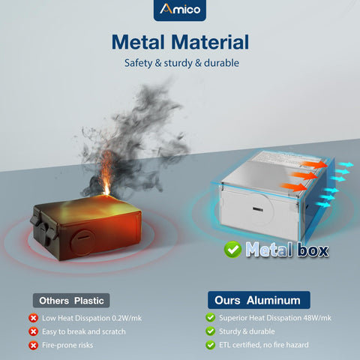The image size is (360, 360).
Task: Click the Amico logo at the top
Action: coord(180,10)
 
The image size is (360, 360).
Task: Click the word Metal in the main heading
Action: coord(138,42)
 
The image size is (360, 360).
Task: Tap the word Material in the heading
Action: coord(210,42)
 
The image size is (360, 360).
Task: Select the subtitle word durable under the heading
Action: coord(221,63)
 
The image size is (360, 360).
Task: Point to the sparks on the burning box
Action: coord(106,172)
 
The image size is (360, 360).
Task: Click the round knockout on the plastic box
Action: coord(82,242)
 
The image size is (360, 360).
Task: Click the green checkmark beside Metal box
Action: coord(232,250)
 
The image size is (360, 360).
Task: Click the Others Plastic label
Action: coord(71,301)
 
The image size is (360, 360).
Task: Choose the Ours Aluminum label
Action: coord(259,300)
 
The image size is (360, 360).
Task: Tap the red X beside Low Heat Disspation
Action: coord(33,318)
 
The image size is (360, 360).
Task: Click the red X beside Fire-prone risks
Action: coord(33,346)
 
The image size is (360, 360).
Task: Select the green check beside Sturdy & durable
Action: coord(210,331)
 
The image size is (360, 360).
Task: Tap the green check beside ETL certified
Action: coord(210,345)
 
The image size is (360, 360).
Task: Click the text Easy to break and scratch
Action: coord(84,331)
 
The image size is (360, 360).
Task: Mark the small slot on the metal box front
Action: coord(257,209)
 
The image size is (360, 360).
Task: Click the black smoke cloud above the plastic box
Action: coord(135,140)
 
